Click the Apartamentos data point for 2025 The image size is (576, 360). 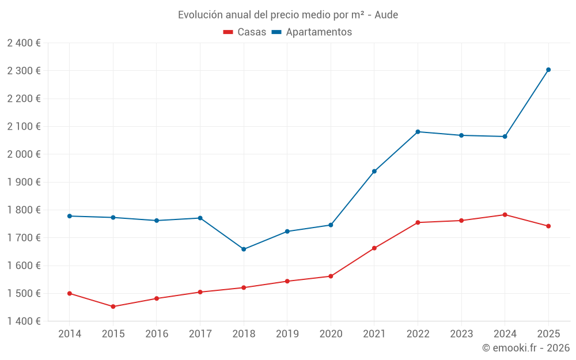click(548, 70)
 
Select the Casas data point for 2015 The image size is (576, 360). click(113, 306)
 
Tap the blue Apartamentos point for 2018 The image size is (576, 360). click(244, 249)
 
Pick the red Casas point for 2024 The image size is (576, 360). click(505, 215)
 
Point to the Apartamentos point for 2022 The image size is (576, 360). click(418, 132)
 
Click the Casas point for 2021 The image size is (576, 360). click(374, 248)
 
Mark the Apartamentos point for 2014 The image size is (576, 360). click(70, 216)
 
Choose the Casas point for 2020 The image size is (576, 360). click(331, 276)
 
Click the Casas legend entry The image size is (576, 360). click(245, 32)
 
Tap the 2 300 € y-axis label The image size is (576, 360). click(24, 71)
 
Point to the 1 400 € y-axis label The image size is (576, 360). click(24, 321)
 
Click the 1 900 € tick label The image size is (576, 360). click(24, 182)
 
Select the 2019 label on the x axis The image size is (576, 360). click(287, 334)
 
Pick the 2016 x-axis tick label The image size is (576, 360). click(157, 334)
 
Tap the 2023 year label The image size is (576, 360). click(461, 334)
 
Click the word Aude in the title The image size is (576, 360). click(386, 15)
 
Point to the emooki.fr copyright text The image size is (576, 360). click(526, 348)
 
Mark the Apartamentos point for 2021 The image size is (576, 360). click(374, 171)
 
